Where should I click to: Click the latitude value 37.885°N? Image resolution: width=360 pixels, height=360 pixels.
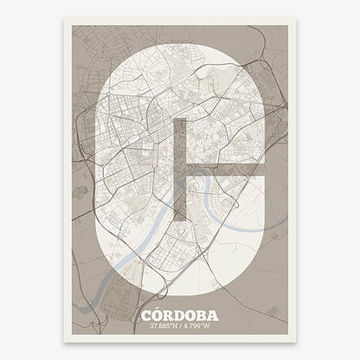click(x=161, y=326)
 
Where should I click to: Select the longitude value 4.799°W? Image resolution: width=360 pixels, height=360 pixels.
click(x=200, y=326)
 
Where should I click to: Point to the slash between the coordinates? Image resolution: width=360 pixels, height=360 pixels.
click(x=181, y=326)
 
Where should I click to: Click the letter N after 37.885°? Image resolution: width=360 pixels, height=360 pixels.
click(x=173, y=326)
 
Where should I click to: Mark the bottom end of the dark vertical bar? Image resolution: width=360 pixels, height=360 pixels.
click(x=180, y=217)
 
